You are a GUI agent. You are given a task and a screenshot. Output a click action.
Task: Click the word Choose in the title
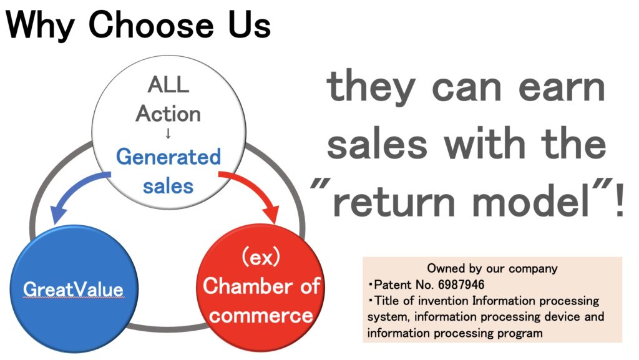151,24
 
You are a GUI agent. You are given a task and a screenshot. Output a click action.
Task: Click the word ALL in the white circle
168,85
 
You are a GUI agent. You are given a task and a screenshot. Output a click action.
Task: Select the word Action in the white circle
168,114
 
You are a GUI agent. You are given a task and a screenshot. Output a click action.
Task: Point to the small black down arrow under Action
168,134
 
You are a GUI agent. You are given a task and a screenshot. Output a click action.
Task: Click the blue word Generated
168,157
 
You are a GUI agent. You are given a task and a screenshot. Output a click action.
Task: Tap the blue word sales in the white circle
168,187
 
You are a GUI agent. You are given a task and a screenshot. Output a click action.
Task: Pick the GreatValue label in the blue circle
74,289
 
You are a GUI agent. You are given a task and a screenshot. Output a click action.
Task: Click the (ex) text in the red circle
261,257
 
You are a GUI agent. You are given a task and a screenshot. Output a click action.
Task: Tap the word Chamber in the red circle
248,286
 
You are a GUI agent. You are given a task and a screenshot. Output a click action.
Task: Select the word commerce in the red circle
261,316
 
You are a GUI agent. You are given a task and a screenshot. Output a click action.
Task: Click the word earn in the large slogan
562,89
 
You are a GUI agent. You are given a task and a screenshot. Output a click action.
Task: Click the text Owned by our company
492,268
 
